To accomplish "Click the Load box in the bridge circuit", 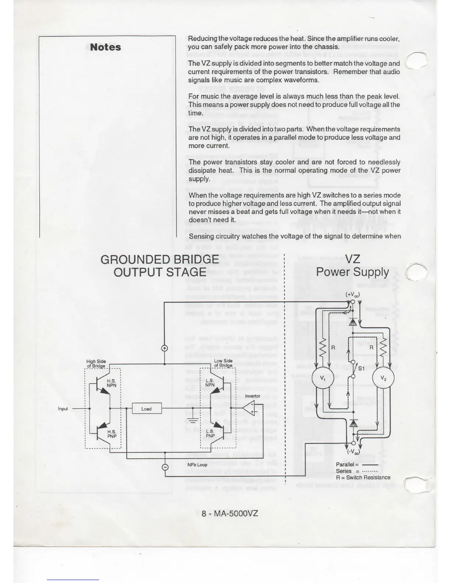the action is point(147,409).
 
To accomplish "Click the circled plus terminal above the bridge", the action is point(165,349).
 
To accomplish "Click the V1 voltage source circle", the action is point(322,378).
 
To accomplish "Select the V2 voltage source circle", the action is point(383,378).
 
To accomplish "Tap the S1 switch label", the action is point(361,368).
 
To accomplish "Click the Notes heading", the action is point(105,47).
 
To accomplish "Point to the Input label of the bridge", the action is point(63,409).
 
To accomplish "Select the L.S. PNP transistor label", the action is point(210,434).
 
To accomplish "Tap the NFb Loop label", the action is point(197,465).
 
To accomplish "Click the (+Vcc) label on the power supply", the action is point(352,294).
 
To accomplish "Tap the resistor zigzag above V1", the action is point(323,348).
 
